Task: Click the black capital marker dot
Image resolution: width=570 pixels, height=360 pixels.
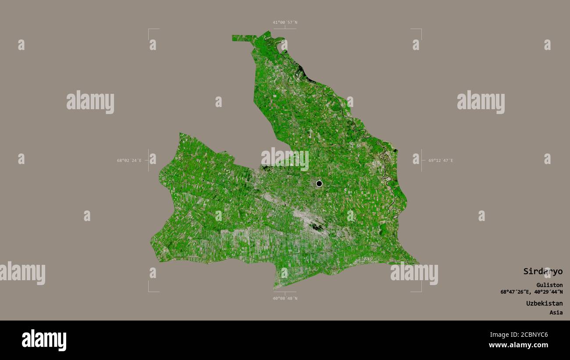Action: click(319, 183)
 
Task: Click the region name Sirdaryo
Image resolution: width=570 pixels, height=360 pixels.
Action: click(542, 271)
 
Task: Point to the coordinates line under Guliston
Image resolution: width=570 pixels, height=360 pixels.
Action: click(531, 292)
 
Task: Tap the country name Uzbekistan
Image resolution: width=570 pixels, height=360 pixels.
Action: click(544, 303)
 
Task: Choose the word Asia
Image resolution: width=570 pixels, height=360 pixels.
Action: click(556, 313)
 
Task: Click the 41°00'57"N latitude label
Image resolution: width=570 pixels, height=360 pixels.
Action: click(285, 22)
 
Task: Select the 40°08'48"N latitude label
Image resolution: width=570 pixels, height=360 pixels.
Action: click(285, 299)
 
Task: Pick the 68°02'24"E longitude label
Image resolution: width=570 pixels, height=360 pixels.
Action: click(129, 160)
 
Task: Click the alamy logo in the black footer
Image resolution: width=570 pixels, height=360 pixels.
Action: click(44, 340)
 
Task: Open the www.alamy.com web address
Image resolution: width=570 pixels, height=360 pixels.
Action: click(518, 345)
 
